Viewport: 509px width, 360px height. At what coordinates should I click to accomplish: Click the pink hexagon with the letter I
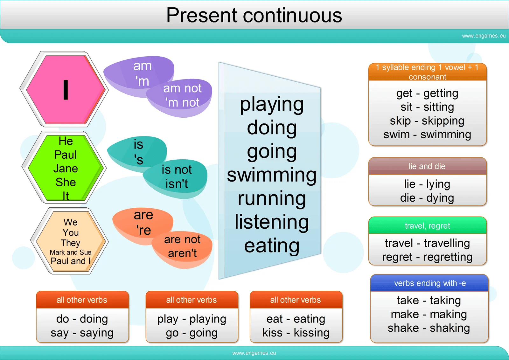tap(65, 90)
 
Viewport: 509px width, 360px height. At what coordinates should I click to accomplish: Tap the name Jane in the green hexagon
tap(66, 168)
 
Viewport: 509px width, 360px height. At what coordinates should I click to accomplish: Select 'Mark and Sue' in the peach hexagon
tap(70, 252)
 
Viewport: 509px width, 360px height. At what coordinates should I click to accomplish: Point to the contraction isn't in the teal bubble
tap(177, 184)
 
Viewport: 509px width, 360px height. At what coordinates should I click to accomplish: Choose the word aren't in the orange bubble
tap(182, 253)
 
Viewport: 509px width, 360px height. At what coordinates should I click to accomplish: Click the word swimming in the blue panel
tap(272, 175)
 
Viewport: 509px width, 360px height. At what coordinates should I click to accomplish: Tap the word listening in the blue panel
tap(272, 222)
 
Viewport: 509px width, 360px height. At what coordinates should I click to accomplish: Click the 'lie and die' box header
tap(427, 166)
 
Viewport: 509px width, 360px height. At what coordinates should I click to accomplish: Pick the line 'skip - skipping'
tap(427, 121)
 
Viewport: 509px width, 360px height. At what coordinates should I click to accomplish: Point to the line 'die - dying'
tap(427, 198)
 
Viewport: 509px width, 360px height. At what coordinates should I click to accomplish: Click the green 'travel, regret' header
tap(427, 226)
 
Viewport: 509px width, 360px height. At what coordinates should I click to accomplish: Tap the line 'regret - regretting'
tap(427, 257)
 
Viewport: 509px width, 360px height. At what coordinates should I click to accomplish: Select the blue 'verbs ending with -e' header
tap(430, 283)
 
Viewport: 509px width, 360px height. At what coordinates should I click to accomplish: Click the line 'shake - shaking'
tap(429, 328)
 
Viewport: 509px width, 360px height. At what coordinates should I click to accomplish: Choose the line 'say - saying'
tap(82, 333)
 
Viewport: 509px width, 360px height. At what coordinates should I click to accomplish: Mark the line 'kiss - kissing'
tap(296, 333)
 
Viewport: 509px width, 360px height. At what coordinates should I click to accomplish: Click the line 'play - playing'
tap(192, 319)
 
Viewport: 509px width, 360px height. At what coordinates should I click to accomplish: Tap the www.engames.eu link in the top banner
tap(484, 36)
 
